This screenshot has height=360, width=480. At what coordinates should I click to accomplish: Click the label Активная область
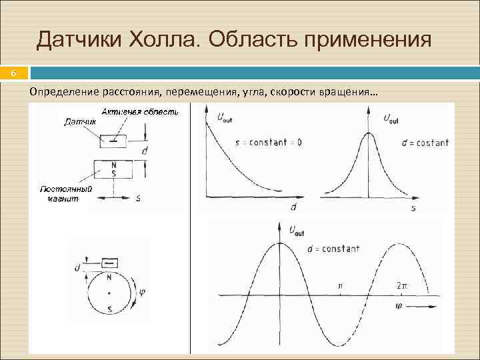[x=141, y=112]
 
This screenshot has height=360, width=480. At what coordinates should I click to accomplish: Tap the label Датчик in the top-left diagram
[x=79, y=122]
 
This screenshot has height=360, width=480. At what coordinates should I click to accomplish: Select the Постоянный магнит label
[x=65, y=193]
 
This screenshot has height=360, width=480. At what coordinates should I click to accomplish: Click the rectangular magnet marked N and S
[x=113, y=168]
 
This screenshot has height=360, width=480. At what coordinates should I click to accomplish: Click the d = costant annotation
[x=425, y=142]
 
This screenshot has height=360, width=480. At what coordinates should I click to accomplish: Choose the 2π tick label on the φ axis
[x=401, y=285]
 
